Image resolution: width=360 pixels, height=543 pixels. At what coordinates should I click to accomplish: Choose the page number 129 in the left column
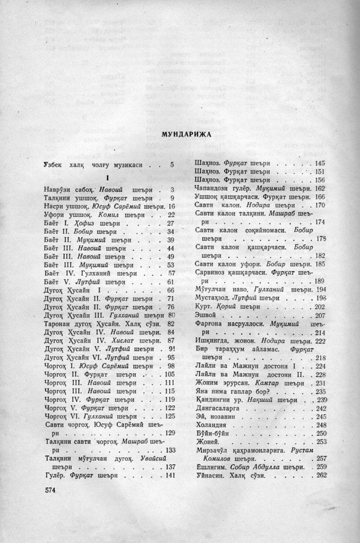pos(169,433)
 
